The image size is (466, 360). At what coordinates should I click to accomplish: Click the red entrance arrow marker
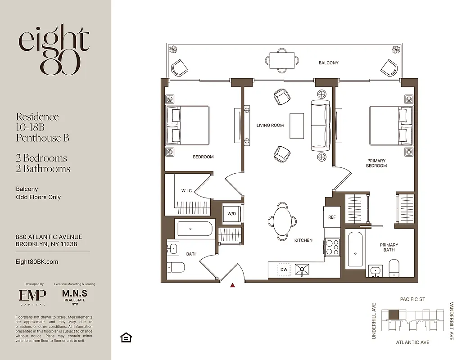233,285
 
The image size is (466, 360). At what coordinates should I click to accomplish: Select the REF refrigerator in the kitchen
332,217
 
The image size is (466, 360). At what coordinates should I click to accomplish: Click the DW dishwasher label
284,270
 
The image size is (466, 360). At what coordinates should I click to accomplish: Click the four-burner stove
332,247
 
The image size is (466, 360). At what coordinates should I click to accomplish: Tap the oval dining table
282,220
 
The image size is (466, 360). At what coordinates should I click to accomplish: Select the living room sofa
321,126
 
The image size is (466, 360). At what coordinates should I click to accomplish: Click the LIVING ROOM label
270,125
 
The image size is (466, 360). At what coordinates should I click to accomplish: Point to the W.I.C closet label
187,191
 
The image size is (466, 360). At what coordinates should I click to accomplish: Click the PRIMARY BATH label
389,247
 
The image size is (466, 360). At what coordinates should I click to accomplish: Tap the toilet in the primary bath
394,268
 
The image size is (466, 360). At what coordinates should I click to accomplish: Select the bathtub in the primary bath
355,250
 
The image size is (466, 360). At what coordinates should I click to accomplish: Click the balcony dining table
282,60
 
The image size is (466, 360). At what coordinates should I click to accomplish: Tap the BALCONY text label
328,63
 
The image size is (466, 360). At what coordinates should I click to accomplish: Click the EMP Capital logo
32,297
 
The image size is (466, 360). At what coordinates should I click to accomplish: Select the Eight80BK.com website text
37,261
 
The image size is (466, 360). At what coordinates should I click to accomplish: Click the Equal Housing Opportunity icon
126,337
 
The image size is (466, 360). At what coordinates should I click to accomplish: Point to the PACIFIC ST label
412,299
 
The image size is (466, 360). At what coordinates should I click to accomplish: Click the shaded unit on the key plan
394,315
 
